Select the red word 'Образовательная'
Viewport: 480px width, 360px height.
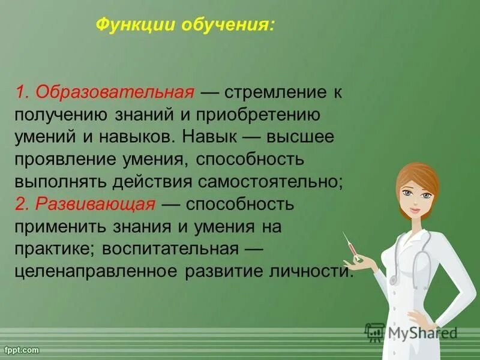(x=115, y=93)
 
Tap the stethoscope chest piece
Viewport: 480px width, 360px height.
(x=394, y=279)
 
